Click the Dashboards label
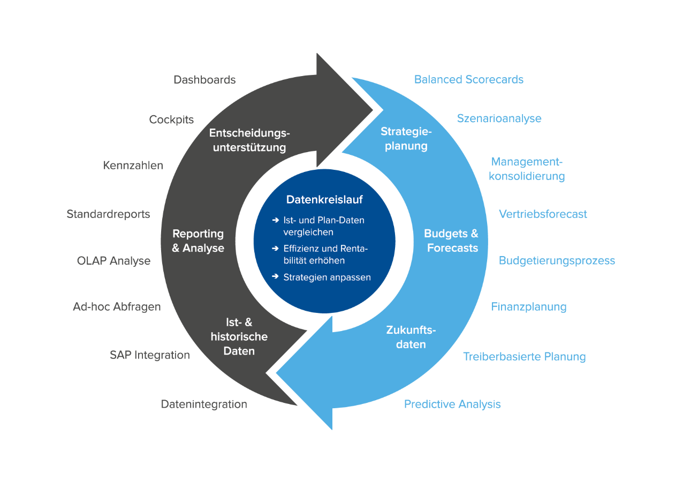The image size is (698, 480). click(204, 80)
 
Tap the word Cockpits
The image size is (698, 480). click(171, 119)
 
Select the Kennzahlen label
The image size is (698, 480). click(133, 166)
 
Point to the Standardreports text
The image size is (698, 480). click(108, 214)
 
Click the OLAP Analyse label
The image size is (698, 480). click(113, 261)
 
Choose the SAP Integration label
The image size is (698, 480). click(150, 355)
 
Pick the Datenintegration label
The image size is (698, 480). click(204, 404)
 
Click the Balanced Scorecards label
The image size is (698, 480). click(469, 80)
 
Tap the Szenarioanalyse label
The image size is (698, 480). click(499, 118)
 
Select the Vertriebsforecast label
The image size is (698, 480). click(543, 214)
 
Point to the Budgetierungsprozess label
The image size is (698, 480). click(557, 261)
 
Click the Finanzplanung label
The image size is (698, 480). click(529, 307)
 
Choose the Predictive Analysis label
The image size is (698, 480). click(452, 404)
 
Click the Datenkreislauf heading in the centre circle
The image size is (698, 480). click(324, 200)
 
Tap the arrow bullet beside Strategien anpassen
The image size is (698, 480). click(275, 277)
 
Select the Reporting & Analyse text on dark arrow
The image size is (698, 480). click(198, 241)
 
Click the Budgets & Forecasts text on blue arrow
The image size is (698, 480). click(451, 241)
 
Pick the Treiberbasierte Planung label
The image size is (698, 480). click(524, 357)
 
